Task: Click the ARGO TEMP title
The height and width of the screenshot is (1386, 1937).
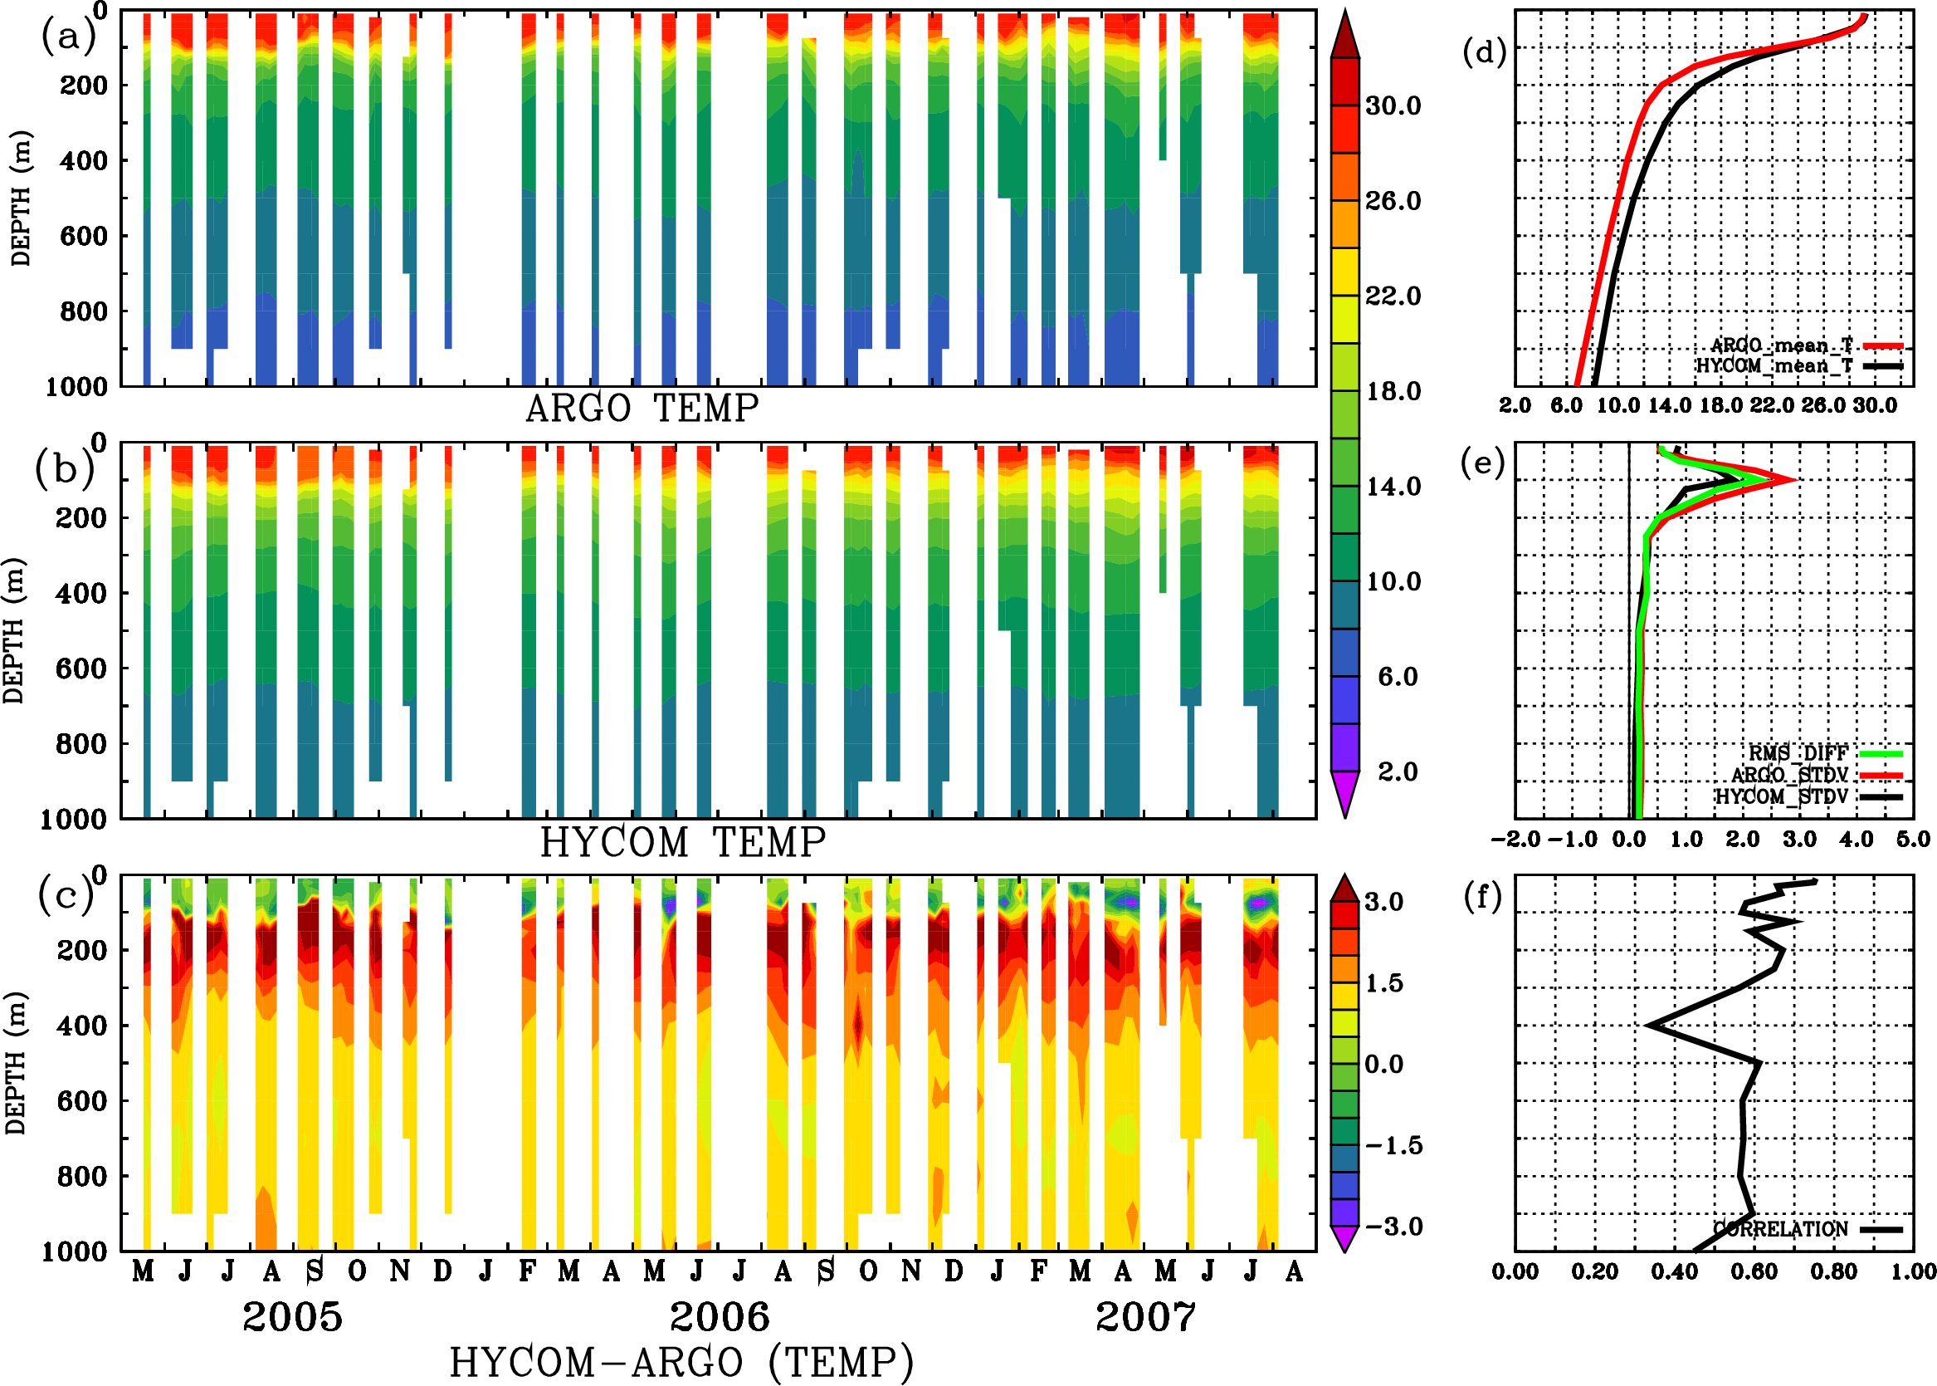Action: [642, 409]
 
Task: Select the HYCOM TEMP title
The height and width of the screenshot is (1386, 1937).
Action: [683, 842]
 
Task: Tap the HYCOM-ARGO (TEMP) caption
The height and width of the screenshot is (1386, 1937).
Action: [681, 1362]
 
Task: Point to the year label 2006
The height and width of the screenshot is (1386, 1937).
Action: [719, 1317]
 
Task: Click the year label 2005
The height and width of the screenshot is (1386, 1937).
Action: [293, 1317]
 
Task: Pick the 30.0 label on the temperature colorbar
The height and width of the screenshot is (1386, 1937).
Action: [1393, 105]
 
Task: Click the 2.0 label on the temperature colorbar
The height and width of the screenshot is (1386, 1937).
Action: [1398, 771]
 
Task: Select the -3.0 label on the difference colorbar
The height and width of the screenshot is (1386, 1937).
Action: [1393, 1227]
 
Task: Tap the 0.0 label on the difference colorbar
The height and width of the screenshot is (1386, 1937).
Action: [1383, 1065]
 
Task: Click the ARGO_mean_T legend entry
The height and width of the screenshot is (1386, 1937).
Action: [1782, 345]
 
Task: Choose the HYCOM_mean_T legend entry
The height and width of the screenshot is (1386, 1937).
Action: [1775, 365]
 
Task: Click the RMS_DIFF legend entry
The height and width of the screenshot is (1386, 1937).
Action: [1798, 752]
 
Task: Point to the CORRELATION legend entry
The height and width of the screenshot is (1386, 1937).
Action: [1781, 1229]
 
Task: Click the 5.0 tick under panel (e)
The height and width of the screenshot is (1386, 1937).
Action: [1913, 840]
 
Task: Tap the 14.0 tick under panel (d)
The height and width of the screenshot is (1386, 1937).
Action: [1669, 405]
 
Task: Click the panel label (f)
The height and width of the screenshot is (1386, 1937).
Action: [1482, 896]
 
